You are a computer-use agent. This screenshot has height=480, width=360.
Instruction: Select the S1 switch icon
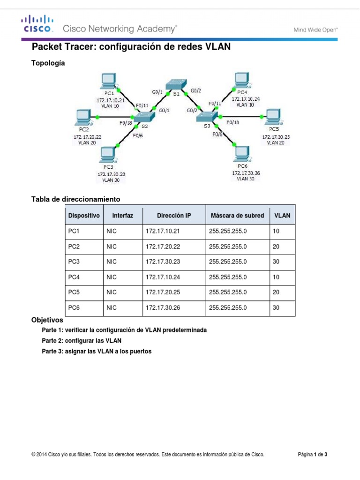176,84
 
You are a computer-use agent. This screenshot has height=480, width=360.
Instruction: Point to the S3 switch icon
207,115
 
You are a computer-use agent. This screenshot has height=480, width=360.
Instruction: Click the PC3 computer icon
108,154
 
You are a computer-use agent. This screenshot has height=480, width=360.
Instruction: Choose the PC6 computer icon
242,153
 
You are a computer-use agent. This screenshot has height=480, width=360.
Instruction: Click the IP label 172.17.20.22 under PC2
87,136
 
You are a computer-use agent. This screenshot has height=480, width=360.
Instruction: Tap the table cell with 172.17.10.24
163,277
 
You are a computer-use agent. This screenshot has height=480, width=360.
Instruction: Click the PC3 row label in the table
74,262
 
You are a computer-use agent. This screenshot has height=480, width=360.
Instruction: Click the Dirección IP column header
174,216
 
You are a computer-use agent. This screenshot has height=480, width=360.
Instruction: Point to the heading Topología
48,62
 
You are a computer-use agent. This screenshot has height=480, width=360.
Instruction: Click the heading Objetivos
47,321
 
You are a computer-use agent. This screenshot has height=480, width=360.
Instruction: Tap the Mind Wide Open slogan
315,29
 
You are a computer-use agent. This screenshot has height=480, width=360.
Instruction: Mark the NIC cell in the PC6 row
112,308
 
